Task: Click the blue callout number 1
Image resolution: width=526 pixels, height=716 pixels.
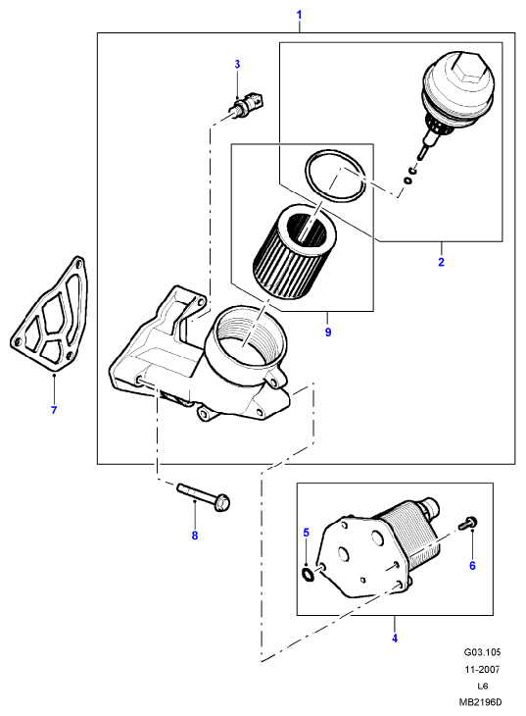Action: [300, 15]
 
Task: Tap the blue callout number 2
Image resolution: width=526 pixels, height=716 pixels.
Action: [441, 262]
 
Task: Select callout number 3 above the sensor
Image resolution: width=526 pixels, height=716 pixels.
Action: [237, 65]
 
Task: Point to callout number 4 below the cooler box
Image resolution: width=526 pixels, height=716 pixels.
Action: [395, 638]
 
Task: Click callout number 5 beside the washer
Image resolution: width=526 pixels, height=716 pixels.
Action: [307, 533]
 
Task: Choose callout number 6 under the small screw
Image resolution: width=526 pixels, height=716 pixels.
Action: [472, 566]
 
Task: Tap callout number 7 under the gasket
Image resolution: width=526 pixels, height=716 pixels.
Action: [54, 410]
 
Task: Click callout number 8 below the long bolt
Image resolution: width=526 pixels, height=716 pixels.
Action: [195, 536]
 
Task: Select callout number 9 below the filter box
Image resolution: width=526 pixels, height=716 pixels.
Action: [328, 332]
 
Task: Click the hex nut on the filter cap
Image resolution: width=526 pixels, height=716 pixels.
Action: [466, 71]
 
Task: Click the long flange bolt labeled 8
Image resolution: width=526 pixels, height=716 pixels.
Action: [204, 497]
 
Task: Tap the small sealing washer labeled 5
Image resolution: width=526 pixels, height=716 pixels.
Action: [308, 575]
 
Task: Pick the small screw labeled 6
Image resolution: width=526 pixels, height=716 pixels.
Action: [468, 523]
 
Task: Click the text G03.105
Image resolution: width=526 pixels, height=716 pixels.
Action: [482, 652]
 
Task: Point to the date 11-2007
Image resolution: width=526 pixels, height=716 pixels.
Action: [482, 670]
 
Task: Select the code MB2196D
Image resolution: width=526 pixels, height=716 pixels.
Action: [482, 702]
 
